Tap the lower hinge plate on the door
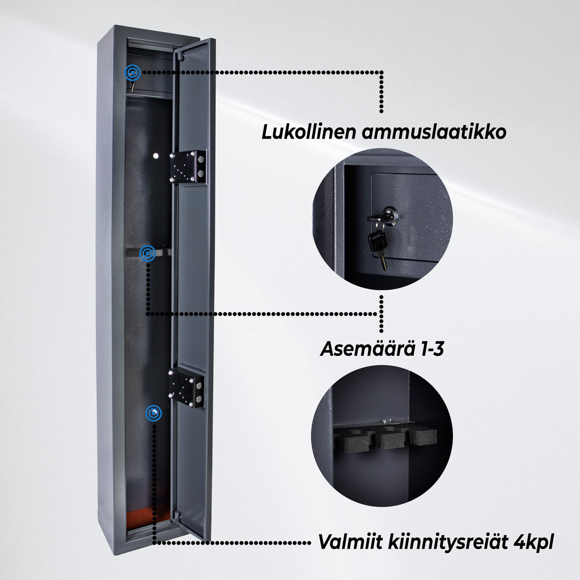point(187,388)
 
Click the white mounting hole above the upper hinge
point(156,156)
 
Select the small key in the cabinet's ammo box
point(131,87)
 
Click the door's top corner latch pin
point(180,57)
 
